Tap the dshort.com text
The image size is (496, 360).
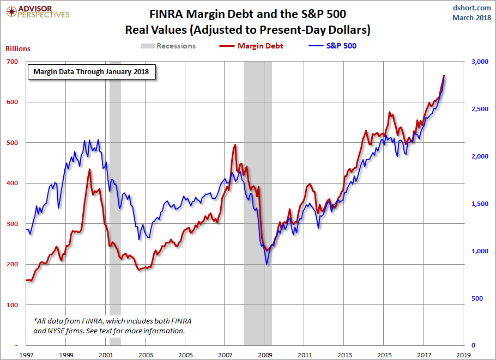click(x=472, y=8)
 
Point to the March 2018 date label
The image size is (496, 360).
click(x=471, y=17)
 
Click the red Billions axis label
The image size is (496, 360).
click(x=18, y=48)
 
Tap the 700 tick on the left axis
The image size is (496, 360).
click(x=13, y=62)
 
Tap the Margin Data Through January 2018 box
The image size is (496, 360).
click(x=92, y=71)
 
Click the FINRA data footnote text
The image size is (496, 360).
click(x=112, y=326)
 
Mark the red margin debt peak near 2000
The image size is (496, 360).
click(x=90, y=169)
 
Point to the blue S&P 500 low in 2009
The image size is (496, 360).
click(x=267, y=264)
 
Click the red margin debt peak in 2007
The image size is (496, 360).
click(x=235, y=145)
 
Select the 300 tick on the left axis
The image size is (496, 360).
click(x=13, y=224)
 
